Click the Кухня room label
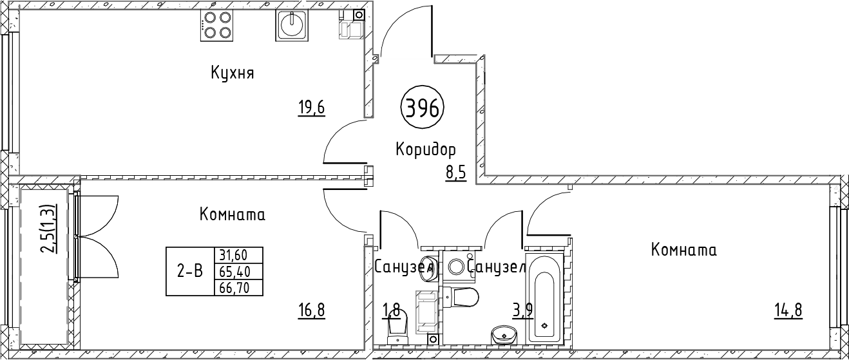232,73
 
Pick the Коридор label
425,150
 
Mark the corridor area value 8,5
456,174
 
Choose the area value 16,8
311,311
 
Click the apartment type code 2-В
189,271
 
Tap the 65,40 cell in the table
238,271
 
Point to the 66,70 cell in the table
238,287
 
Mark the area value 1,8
392,311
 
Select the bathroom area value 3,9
522,311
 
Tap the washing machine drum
459,267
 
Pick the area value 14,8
788,311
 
